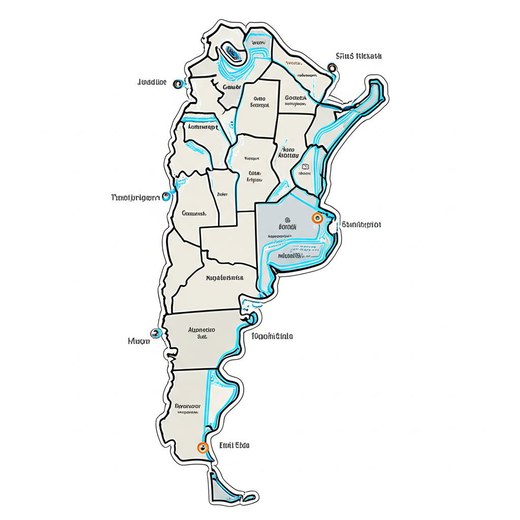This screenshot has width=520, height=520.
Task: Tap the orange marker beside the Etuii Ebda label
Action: click(x=203, y=447)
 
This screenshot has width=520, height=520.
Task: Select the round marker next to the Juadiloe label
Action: click(x=177, y=83)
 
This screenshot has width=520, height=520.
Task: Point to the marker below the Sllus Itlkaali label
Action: click(x=332, y=68)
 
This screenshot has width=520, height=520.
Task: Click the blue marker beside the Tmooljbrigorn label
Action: click(x=166, y=197)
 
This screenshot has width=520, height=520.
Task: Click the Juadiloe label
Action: click(x=152, y=82)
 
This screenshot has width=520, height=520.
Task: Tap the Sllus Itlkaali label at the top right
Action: click(x=359, y=56)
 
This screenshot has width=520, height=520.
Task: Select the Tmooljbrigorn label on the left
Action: click(x=134, y=197)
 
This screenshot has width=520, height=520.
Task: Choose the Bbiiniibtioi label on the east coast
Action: click(x=362, y=224)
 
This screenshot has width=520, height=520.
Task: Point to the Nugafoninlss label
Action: click(x=224, y=278)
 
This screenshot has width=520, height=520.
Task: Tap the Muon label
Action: click(x=139, y=341)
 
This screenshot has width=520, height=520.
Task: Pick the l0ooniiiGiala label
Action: click(x=272, y=336)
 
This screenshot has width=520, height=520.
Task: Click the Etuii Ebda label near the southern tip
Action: click(x=234, y=445)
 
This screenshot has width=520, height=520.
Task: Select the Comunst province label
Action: click(x=193, y=214)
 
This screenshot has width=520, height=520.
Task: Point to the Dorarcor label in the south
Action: click(x=187, y=406)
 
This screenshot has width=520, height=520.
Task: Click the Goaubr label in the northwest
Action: click(x=231, y=87)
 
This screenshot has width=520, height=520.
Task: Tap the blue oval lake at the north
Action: click(x=232, y=53)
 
